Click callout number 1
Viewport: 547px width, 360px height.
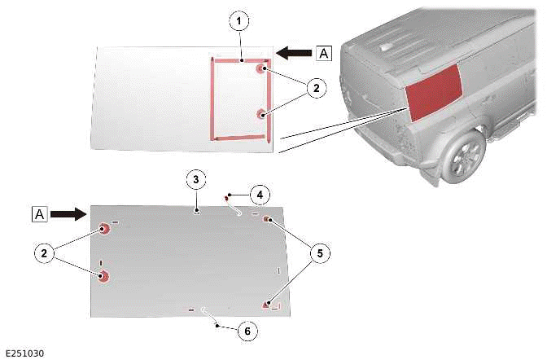click(239, 21)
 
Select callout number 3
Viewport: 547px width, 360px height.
click(196, 179)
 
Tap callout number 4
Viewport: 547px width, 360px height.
click(260, 195)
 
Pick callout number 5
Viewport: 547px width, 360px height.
click(320, 253)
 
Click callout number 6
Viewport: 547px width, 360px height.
click(247, 331)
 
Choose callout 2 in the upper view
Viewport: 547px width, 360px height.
click(316, 88)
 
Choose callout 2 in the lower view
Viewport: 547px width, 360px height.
click(44, 252)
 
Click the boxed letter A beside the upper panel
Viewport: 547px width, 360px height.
click(324, 54)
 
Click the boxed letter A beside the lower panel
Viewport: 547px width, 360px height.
click(39, 214)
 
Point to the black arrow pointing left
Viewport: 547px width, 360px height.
click(294, 53)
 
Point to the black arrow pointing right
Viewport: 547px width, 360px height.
click(68, 213)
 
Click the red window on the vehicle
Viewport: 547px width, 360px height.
click(434, 94)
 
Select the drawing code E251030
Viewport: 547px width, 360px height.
click(25, 353)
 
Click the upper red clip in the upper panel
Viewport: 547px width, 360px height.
click(261, 68)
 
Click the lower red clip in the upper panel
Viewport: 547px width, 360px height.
click(261, 114)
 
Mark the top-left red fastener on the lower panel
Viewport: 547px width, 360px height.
click(103, 229)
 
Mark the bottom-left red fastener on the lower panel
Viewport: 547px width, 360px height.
click(103, 276)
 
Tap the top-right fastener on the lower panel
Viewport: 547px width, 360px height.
click(267, 219)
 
